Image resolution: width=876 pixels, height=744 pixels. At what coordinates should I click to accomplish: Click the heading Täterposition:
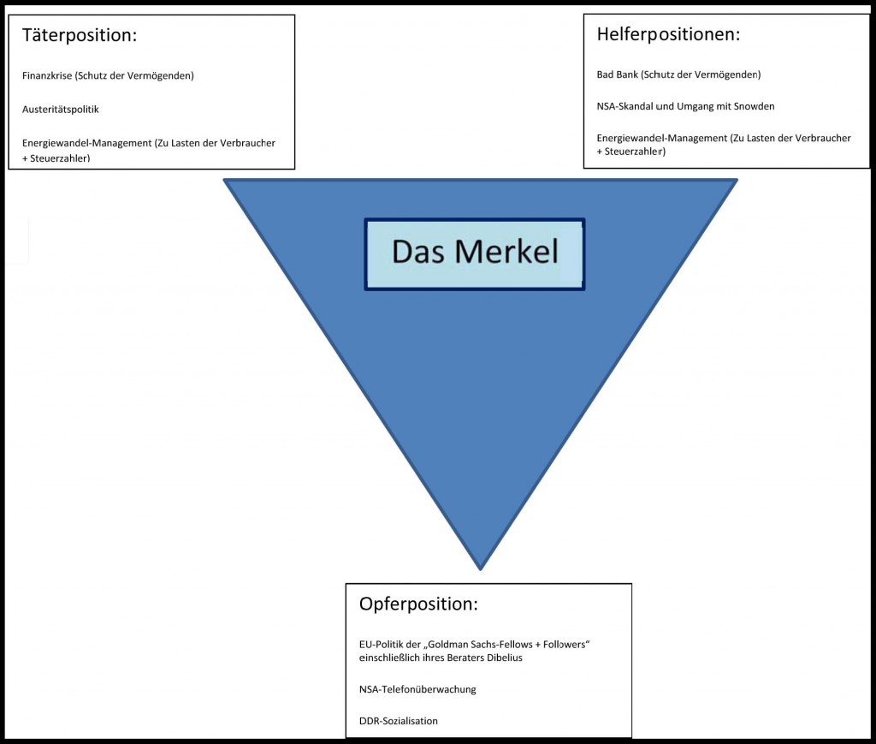click(80, 37)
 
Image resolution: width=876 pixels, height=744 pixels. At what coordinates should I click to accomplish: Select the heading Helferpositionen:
click(667, 35)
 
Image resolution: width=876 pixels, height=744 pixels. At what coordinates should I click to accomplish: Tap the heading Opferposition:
click(418, 604)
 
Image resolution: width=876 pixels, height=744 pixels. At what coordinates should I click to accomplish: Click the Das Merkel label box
click(475, 253)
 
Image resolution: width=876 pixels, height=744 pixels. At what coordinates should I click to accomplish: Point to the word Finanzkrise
click(47, 75)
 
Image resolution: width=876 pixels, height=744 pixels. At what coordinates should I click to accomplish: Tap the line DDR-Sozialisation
click(399, 721)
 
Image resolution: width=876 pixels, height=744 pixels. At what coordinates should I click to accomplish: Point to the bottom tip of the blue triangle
click(481, 568)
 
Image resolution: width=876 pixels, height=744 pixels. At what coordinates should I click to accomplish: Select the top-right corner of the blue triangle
click(734, 181)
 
